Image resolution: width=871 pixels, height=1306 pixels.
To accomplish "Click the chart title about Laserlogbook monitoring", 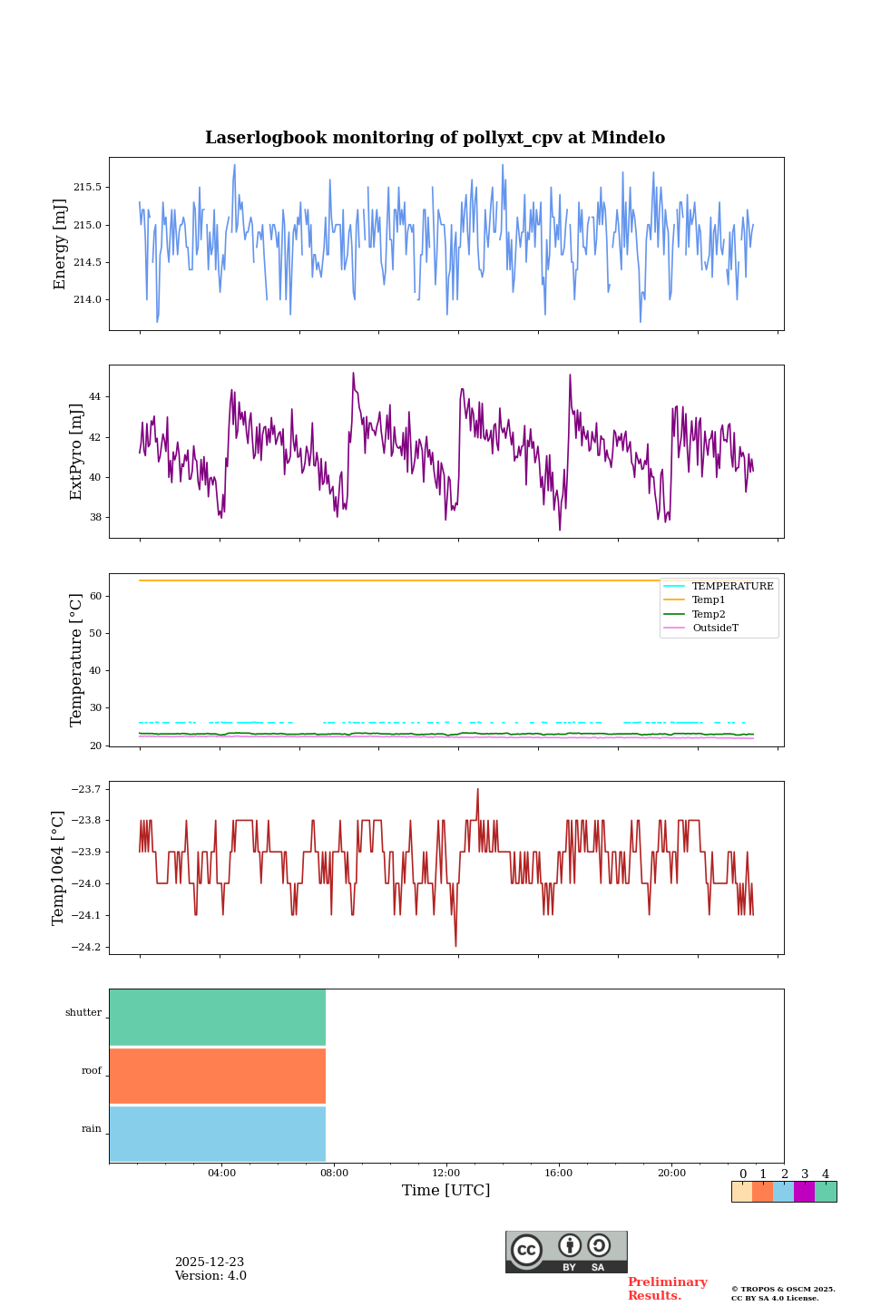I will pyautogui.click(x=435, y=138).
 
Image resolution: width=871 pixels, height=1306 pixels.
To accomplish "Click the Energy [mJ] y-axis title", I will pyautogui.click(x=61, y=244).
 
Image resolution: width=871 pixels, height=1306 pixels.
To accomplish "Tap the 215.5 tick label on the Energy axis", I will pyautogui.click(x=87, y=188).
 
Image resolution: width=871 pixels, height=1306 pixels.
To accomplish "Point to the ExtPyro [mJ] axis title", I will pyautogui.click(x=76, y=452).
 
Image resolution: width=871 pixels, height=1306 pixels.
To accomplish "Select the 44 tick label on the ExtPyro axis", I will pyautogui.click(x=95, y=397).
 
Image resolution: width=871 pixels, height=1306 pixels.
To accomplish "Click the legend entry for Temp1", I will pyautogui.click(x=708, y=600).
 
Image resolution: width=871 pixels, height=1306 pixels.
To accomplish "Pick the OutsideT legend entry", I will pyautogui.click(x=714, y=629).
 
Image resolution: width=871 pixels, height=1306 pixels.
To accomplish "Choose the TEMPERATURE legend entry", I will pyautogui.click(x=732, y=587).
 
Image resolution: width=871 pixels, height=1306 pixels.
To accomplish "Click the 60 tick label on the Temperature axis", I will pyautogui.click(x=95, y=597).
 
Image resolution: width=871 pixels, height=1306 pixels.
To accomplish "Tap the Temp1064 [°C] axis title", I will pyautogui.click(x=59, y=868).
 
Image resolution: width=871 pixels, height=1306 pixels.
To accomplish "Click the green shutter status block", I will pyautogui.click(x=218, y=1018).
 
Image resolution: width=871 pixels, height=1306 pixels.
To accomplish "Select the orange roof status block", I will pyautogui.click(x=218, y=1076).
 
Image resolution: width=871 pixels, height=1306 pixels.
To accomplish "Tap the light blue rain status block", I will pyautogui.click(x=218, y=1134).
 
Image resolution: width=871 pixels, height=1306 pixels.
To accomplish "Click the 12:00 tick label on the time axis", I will pyautogui.click(x=446, y=1174).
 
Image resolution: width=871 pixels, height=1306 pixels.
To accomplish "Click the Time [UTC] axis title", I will pyautogui.click(x=446, y=1191).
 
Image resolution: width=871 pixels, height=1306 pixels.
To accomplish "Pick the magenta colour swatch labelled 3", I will pyautogui.click(x=804, y=1192).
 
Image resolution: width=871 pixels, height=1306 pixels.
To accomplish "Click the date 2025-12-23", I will pyautogui.click(x=210, y=1262).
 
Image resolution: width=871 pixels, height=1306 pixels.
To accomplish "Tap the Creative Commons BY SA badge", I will pyautogui.click(x=566, y=1252).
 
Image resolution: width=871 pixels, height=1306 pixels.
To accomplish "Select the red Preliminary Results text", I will pyautogui.click(x=667, y=1289).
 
